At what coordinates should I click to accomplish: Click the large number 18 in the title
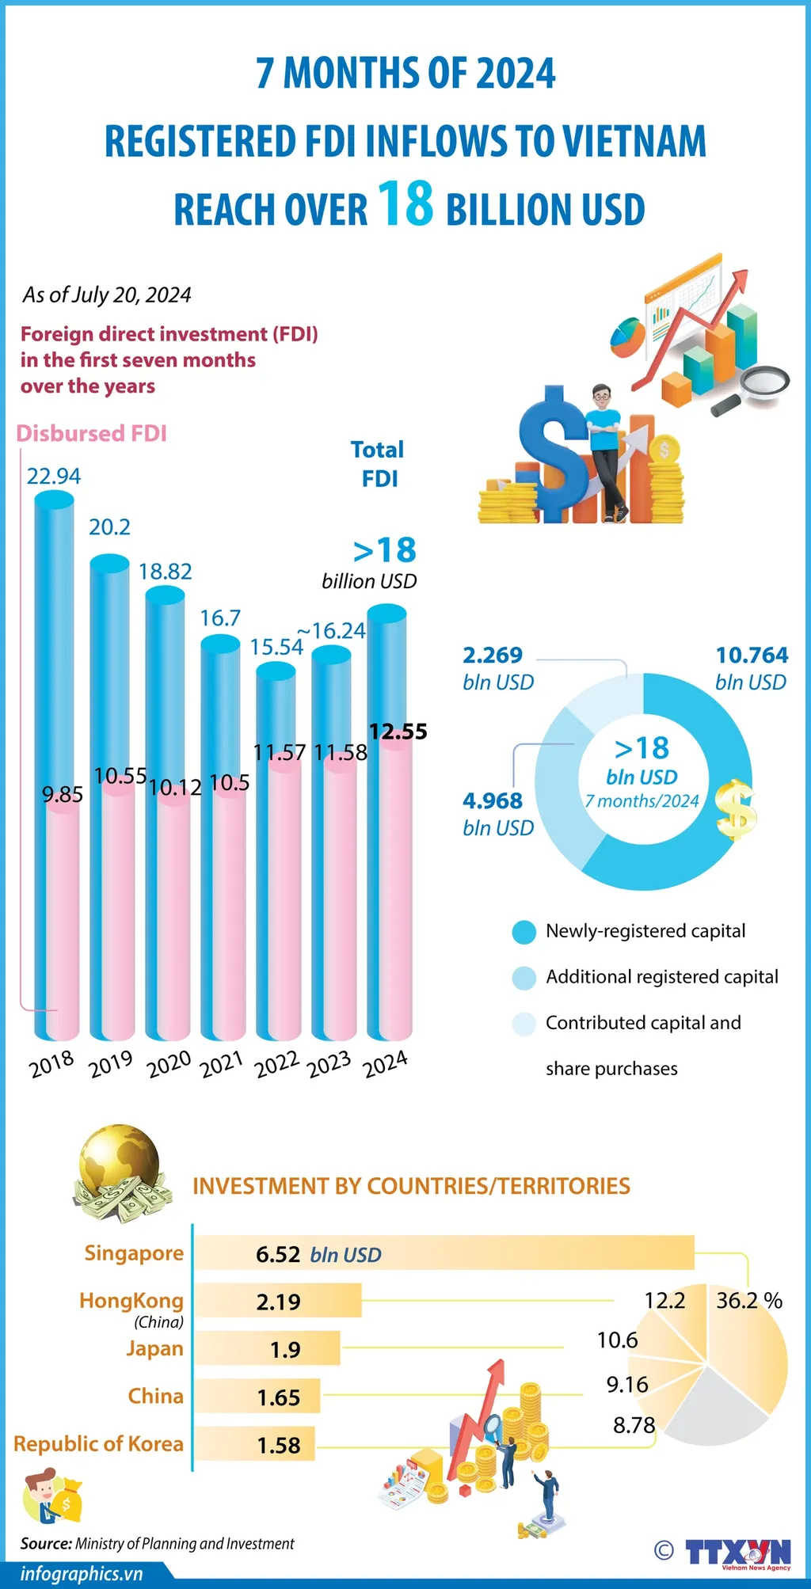pyautogui.click(x=405, y=203)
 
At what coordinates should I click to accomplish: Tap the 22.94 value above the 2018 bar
pyautogui.click(x=54, y=476)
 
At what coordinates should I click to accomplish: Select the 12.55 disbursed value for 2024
pyautogui.click(x=398, y=732)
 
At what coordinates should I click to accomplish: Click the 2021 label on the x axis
pyautogui.click(x=221, y=1065)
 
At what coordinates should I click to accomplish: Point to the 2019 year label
pyautogui.click(x=111, y=1064)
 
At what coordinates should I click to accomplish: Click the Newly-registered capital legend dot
pyautogui.click(x=524, y=932)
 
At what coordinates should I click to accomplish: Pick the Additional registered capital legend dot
pyautogui.click(x=524, y=978)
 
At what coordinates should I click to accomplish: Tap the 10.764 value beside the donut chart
pyautogui.click(x=752, y=656)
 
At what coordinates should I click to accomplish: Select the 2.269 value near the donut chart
pyautogui.click(x=493, y=656)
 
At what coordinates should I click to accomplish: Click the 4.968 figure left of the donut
pyautogui.click(x=493, y=801)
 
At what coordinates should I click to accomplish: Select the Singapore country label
pyautogui.click(x=134, y=1253)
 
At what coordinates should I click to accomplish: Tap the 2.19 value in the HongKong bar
pyautogui.click(x=278, y=1302)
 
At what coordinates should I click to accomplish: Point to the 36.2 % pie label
pyautogui.click(x=748, y=1301)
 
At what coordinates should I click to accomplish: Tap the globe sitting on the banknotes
pyautogui.click(x=120, y=1161)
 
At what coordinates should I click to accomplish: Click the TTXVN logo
pyautogui.click(x=737, y=1553)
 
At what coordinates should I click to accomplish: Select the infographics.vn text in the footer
pyautogui.click(x=82, y=1574)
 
